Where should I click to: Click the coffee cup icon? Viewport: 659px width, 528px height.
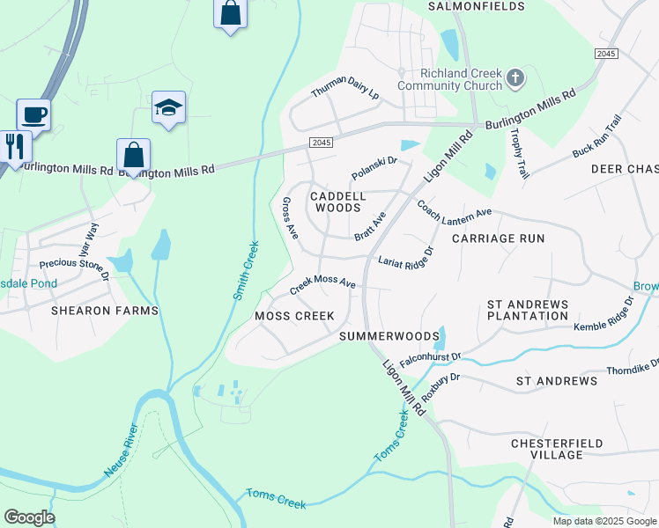(x=33, y=114)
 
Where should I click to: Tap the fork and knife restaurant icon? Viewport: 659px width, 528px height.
(x=14, y=145)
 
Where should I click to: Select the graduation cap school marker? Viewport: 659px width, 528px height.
(x=168, y=107)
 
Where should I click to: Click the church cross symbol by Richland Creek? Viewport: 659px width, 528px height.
(x=515, y=79)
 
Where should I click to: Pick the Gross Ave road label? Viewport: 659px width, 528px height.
(x=289, y=217)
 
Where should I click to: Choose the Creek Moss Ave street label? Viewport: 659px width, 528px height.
(x=322, y=283)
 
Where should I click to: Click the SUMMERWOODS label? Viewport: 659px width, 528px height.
(x=389, y=336)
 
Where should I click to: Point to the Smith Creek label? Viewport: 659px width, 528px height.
(x=246, y=270)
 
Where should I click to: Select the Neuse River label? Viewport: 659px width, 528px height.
(x=121, y=451)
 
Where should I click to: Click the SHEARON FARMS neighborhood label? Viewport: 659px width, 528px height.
(x=104, y=311)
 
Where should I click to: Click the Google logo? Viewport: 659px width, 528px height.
(x=29, y=517)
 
